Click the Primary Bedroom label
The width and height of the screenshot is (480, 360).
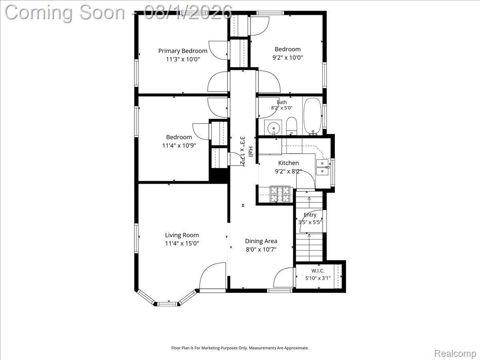(x=182, y=51)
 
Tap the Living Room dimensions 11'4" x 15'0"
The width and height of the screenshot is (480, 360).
(x=182, y=243)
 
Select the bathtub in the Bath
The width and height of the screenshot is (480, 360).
(x=313, y=116)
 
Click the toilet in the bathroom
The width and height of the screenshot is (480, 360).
(x=291, y=126)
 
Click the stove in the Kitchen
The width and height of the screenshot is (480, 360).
(x=280, y=194)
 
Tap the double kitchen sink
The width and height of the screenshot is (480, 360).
(x=322, y=168)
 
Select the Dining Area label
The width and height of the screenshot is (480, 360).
(x=261, y=241)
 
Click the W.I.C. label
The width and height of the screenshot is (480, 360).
(x=318, y=271)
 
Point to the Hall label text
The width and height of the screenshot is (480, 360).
(x=251, y=152)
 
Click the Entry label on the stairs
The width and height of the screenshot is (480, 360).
(x=310, y=215)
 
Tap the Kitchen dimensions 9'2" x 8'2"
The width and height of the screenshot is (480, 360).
(x=288, y=171)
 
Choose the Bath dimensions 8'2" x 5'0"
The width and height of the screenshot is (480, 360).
(x=282, y=108)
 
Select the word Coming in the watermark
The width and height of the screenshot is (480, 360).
(x=38, y=13)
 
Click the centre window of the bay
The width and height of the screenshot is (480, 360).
(x=168, y=304)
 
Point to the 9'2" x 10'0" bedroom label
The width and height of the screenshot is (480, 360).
(x=288, y=58)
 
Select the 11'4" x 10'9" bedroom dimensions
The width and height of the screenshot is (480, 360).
(x=179, y=146)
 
